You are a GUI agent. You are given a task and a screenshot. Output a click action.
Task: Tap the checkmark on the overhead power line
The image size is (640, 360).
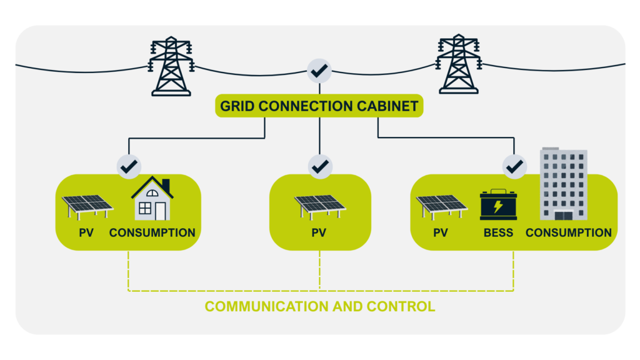(319, 72)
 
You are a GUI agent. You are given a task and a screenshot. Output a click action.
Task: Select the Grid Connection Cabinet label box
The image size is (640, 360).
(319, 106)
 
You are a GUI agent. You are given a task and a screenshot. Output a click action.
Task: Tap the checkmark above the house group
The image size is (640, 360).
(129, 167)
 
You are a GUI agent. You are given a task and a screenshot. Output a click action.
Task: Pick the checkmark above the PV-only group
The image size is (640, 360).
(320, 167)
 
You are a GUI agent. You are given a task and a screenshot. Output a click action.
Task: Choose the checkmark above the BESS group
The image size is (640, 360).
(514, 167)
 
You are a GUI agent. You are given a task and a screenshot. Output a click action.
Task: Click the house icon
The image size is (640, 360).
(152, 199)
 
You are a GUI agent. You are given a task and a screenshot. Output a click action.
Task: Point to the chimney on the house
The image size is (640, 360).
(166, 185)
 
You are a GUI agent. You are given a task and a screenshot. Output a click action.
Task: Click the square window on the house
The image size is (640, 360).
(145, 209)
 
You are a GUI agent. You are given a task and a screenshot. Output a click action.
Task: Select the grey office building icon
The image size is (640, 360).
(564, 184)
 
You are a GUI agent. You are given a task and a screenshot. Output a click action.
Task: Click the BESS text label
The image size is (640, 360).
(498, 233)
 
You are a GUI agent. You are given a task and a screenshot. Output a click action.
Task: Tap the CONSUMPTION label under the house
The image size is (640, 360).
(152, 233)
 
